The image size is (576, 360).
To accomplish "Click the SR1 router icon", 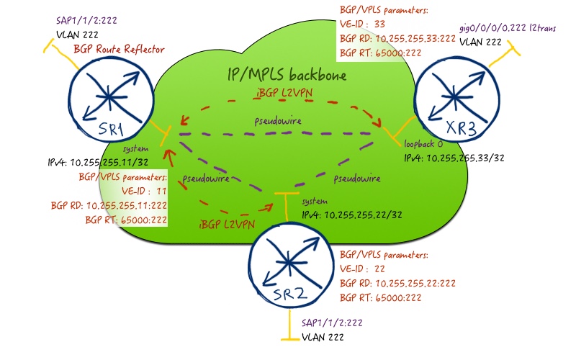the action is [x=111, y=99].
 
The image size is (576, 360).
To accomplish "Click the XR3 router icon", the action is [x=457, y=99].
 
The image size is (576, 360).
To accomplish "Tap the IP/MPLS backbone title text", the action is [x=287, y=75].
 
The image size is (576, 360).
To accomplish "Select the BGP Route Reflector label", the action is [x=119, y=49].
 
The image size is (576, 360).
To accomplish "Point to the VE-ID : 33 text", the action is [x=363, y=24].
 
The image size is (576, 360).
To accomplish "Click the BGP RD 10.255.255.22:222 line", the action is [x=398, y=283].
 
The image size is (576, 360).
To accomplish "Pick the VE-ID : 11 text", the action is [x=145, y=191].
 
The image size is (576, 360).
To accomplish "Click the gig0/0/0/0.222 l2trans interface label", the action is [x=508, y=28].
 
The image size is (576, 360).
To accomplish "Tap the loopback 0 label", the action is [x=423, y=143].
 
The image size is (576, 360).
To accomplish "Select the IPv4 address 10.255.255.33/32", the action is [x=454, y=158].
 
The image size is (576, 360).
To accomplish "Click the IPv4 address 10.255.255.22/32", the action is [x=352, y=215].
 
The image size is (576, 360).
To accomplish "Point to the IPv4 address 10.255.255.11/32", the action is [x=98, y=162].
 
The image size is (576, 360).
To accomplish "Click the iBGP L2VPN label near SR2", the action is [x=227, y=225].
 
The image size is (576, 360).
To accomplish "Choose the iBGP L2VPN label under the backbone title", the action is [x=284, y=93].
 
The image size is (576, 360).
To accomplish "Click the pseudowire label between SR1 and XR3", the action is [x=278, y=121].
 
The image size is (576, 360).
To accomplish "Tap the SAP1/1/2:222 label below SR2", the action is [x=332, y=323].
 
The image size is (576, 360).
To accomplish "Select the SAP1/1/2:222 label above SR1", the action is [x=86, y=20].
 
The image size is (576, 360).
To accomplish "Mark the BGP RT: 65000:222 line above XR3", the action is [x=381, y=53].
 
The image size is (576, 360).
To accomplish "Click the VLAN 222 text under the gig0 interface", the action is [x=480, y=42].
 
